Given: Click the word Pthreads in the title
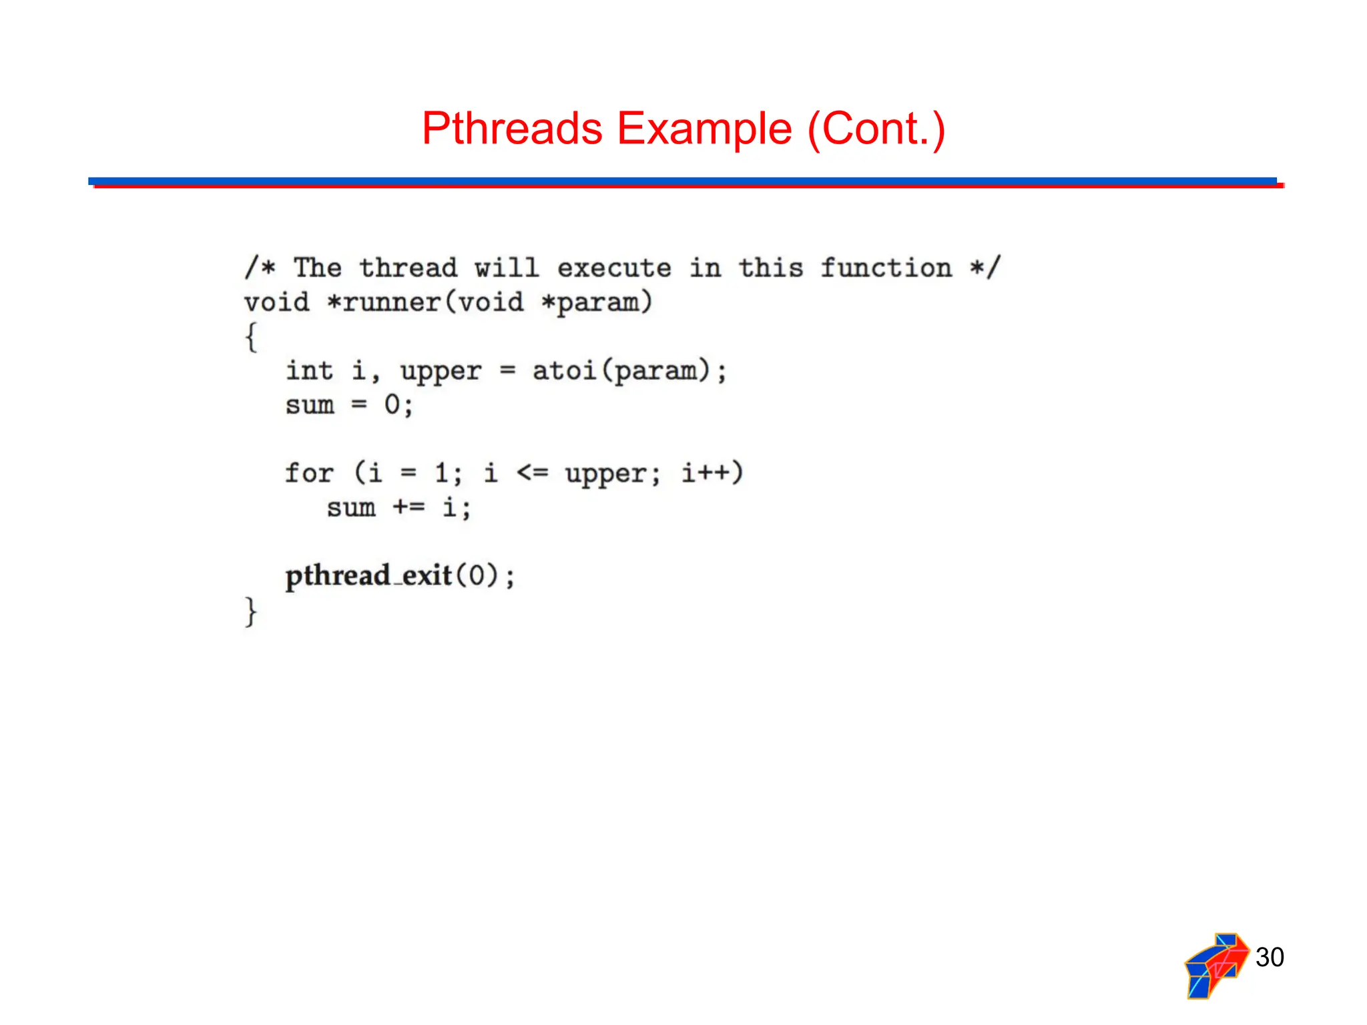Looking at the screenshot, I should click(512, 129).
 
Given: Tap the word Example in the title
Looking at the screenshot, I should click(704, 129).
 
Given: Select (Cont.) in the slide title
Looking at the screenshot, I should click(876, 129).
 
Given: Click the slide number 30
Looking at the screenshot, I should click(1270, 957).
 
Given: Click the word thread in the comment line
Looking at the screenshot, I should click(408, 268).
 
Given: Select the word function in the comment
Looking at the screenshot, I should click(886, 268).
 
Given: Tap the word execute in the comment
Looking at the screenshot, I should click(614, 268).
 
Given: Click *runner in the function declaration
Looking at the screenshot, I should click(384, 302).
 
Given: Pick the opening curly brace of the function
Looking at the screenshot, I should click(251, 337).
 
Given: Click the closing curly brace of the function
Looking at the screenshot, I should click(251, 611).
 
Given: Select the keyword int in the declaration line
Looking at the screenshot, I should click(309, 370).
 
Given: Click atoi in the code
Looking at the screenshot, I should click(564, 370).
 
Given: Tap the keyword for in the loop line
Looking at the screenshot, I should click(309, 473).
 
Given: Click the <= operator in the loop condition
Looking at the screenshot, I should click(532, 473).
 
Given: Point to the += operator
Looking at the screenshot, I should click(408, 507).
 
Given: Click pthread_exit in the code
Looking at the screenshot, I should click(368, 576).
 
